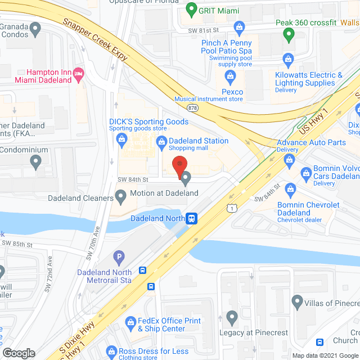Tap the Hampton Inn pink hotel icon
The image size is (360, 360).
point(79,73)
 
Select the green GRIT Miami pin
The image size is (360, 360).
point(191,10)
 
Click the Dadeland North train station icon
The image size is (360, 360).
point(192,218)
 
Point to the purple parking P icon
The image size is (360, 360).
point(118,258)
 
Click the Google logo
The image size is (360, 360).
point(18,353)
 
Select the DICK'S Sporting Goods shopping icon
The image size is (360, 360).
point(120,143)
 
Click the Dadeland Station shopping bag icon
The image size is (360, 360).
point(161,141)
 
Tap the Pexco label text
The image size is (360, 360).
point(232,92)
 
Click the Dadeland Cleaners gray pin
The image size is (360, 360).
point(120,196)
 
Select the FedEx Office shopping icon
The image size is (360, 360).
point(130,323)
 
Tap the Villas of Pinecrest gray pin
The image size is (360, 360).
point(298,303)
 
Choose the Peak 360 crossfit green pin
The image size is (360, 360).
point(289,36)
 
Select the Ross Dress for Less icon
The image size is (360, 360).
point(111,353)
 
